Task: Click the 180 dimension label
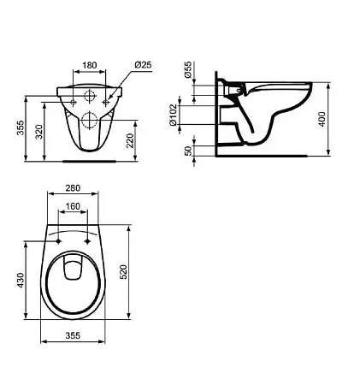click(x=90, y=65)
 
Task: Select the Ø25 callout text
click(x=143, y=65)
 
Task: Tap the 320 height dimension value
click(x=39, y=132)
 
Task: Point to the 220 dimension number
click(x=130, y=140)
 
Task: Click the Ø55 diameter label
click(x=188, y=69)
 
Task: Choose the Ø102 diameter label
click(x=173, y=115)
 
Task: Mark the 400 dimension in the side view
click(x=322, y=119)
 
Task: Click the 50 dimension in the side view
click(x=188, y=151)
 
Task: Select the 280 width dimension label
click(x=73, y=188)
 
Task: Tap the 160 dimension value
click(x=73, y=206)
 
